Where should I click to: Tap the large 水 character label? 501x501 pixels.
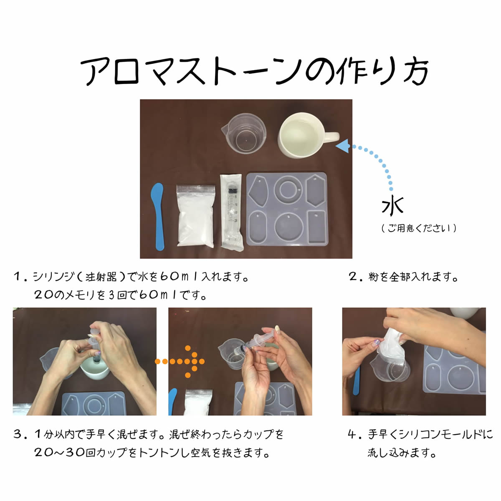[x=392, y=206]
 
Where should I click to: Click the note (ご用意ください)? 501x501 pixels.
[x=419, y=228]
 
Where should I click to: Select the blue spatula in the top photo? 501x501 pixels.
[x=157, y=215]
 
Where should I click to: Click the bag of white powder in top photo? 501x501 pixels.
[x=195, y=217]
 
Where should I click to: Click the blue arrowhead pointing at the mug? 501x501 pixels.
[x=342, y=147]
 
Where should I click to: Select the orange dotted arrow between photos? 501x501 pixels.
[x=180, y=361]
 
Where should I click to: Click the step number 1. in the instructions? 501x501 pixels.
[x=20, y=276]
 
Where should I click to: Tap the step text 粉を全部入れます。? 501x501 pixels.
[x=413, y=276]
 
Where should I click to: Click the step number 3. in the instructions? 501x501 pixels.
[x=20, y=435]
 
